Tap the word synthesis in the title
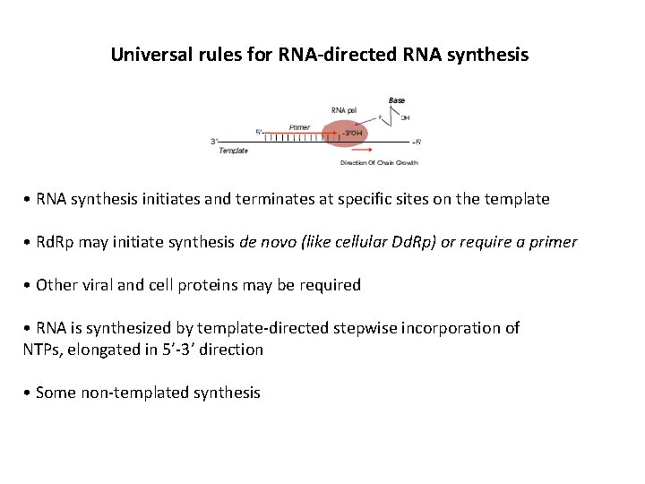[x=489, y=55]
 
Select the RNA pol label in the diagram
[x=345, y=110]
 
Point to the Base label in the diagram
[x=396, y=99]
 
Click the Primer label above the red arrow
[x=300, y=126]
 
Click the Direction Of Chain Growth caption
[x=379, y=162]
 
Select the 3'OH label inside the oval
[x=353, y=133]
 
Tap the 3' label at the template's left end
[x=214, y=141]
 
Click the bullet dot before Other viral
[x=30, y=285]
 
